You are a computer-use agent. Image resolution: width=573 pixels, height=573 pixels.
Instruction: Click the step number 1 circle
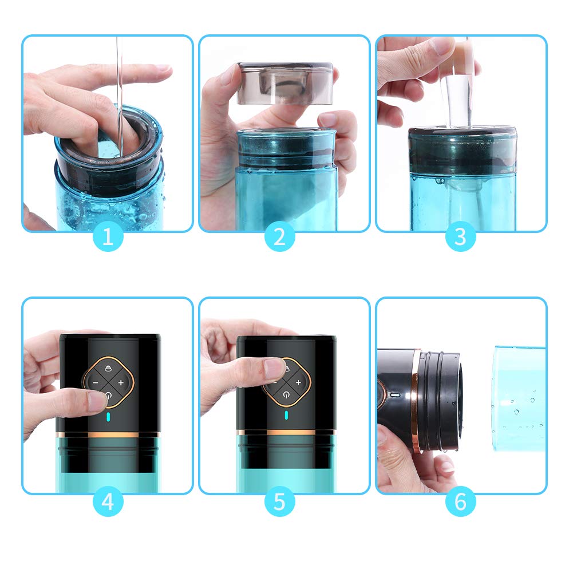[x=108, y=236]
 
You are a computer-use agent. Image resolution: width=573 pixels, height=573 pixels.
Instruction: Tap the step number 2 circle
[x=279, y=236]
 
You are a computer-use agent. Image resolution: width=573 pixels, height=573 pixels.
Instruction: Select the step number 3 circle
[x=460, y=236]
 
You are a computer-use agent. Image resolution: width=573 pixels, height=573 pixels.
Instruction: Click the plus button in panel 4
[x=121, y=382]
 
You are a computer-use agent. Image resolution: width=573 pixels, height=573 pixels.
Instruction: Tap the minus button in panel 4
[x=96, y=382]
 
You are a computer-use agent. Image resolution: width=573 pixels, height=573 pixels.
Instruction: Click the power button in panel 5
[x=286, y=394]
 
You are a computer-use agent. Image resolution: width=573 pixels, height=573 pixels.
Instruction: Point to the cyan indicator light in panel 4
[x=108, y=417]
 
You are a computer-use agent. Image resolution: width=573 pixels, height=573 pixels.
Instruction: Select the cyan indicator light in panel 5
[x=286, y=416]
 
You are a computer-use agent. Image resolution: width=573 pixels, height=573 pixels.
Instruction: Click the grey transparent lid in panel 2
[x=286, y=84]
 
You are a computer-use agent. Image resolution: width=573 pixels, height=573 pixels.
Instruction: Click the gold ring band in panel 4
[x=108, y=435]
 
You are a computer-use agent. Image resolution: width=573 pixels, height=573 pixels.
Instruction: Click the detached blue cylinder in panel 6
[x=519, y=398]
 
